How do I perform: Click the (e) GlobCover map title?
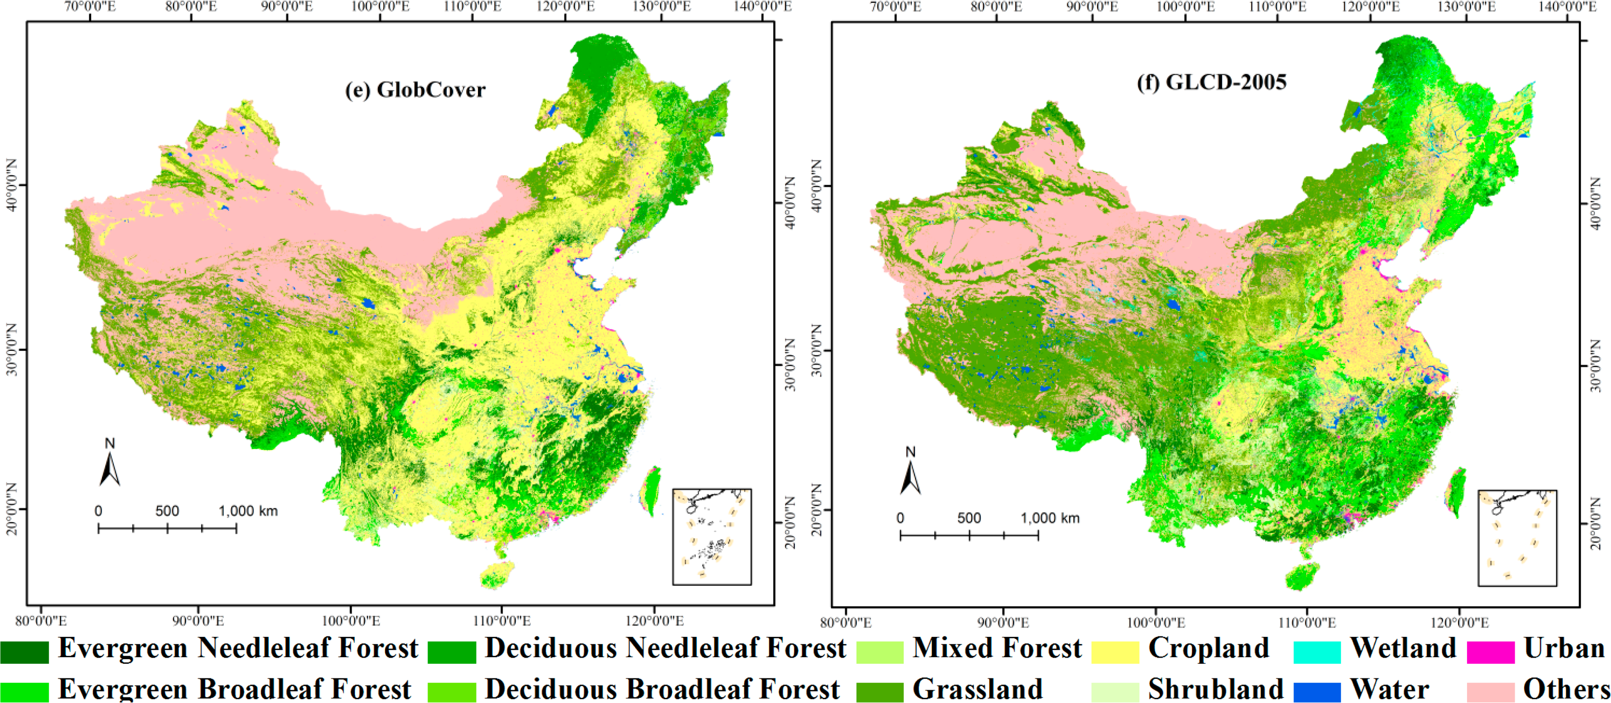pos(415,90)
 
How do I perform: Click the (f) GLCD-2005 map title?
pos(1211,82)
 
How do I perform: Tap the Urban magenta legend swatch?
pos(1490,652)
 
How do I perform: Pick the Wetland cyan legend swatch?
pos(1317,652)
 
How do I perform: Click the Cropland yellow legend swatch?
pos(1115,652)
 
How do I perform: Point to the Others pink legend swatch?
pos(1490,692)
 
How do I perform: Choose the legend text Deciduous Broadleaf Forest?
pos(662,689)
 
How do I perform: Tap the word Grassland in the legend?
pos(977,689)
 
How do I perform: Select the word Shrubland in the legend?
pos(1215,689)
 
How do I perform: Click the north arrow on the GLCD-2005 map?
pos(911,474)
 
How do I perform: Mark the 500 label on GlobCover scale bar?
pos(167,511)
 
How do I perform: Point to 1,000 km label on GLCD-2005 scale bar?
pos(1050,518)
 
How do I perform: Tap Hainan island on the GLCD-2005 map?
pos(1302,576)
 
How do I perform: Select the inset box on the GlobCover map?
pos(712,537)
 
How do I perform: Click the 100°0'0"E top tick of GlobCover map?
pos(379,7)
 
